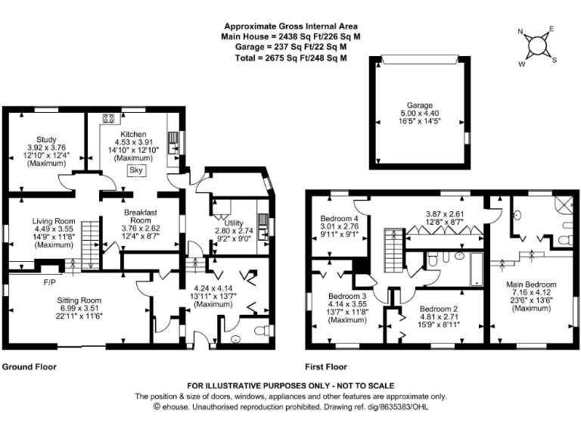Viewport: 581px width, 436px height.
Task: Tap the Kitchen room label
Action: pyautogui.click(x=132, y=135)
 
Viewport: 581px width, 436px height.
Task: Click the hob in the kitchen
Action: pyautogui.click(x=108, y=118)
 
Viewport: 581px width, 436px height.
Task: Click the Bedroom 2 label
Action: pyautogui.click(x=440, y=309)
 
